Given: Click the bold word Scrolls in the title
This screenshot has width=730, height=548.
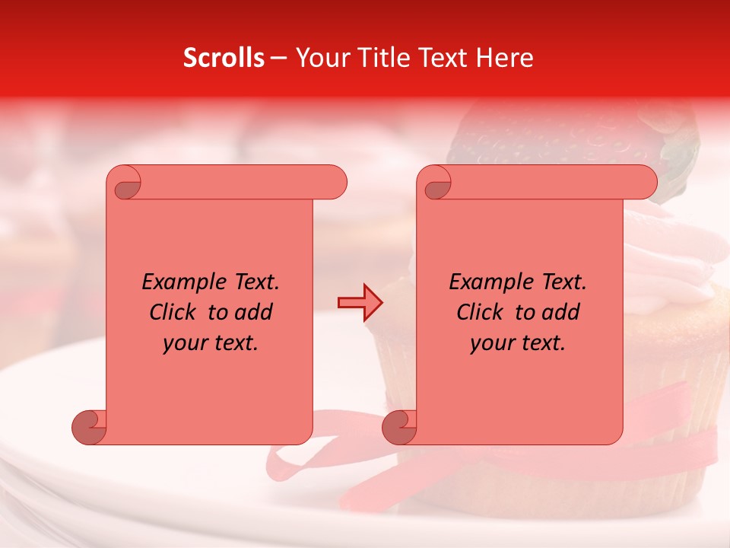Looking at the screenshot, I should pos(224,58).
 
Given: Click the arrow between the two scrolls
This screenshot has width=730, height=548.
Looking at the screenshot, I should pos(360,303).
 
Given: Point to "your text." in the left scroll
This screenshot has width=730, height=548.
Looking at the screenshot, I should pos(211,342).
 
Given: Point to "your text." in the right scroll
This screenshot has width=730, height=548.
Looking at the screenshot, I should pos(518,342).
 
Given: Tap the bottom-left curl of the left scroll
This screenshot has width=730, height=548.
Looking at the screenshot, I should pos(88,428).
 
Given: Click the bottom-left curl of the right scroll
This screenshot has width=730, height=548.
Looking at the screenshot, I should pos(398,428).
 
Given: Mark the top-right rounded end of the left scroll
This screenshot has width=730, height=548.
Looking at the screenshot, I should pos(335,183).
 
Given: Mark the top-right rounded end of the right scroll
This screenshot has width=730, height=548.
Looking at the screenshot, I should pos(645,183).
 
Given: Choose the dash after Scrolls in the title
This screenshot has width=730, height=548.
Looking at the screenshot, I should pos(278,59).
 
